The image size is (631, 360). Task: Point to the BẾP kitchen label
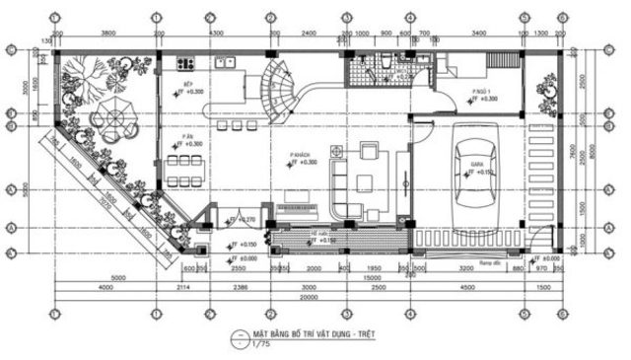point(187,86)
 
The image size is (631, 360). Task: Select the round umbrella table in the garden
point(111,122)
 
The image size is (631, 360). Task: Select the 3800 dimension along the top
point(108,34)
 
